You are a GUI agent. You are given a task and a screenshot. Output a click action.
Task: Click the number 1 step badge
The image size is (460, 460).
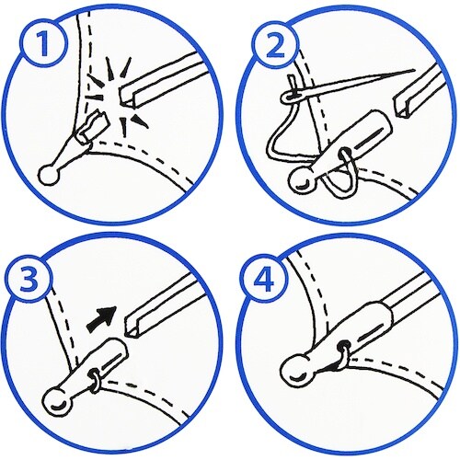click(x=44, y=44)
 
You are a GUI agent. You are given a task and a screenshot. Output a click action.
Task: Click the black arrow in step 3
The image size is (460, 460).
click(x=102, y=319)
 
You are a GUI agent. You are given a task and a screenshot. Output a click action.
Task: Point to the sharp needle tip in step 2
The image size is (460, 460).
click(x=414, y=70)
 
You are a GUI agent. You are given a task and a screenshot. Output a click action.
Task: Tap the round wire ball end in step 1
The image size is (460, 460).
click(x=49, y=176)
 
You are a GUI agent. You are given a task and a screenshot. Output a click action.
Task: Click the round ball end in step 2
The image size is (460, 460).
click(x=301, y=181)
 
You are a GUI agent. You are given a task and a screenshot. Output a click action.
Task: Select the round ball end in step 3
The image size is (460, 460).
click(x=58, y=402)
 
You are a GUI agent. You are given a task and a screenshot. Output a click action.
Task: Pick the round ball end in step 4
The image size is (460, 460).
click(x=296, y=372)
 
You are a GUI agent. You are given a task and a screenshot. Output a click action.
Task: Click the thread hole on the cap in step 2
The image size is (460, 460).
click(x=344, y=153)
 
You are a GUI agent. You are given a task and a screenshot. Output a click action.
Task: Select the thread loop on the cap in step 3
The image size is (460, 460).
click(x=94, y=381)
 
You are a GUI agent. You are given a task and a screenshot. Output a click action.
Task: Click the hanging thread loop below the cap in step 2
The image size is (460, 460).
click(x=340, y=184)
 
